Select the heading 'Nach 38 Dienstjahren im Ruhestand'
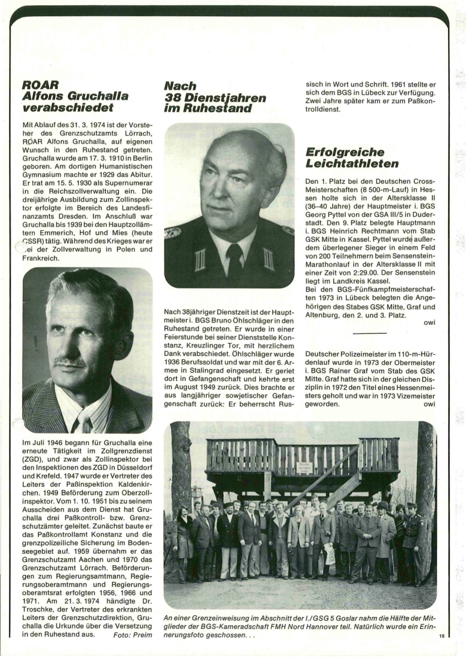(214, 97)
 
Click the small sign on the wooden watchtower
(305, 468)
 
